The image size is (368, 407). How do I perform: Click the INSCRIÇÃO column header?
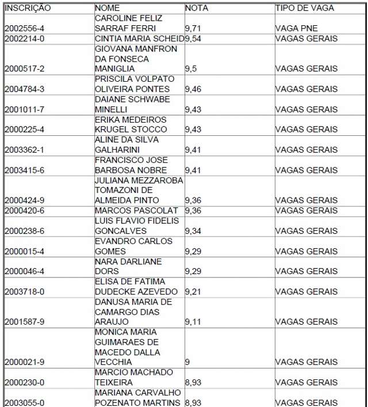(x=28, y=9)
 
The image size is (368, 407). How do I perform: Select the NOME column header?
(x=108, y=9)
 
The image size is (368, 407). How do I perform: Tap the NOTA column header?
(x=197, y=9)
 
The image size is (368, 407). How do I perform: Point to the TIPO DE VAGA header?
(x=304, y=9)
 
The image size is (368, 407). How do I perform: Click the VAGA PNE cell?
(x=296, y=29)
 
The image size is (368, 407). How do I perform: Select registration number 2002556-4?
(x=24, y=29)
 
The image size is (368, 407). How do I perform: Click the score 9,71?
(x=194, y=29)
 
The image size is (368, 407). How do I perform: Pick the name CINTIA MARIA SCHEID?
(x=139, y=39)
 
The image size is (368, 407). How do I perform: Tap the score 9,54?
(x=194, y=39)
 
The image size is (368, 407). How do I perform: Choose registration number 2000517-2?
(x=24, y=69)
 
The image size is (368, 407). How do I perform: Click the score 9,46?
(x=194, y=89)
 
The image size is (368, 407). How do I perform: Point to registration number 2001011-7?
(x=24, y=109)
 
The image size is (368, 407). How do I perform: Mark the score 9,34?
(x=194, y=231)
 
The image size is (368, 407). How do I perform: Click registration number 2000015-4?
(x=24, y=251)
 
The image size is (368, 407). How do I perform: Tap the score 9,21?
(x=194, y=291)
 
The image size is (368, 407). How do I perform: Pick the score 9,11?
(x=194, y=322)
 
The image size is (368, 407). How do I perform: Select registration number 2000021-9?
(x=24, y=362)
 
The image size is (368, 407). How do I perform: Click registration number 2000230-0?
(x=24, y=382)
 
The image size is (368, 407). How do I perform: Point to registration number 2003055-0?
(x=24, y=402)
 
